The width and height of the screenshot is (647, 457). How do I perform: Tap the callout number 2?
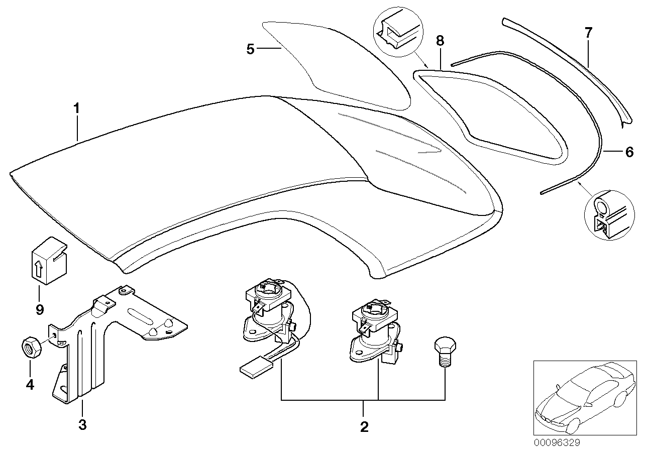[x=364, y=427]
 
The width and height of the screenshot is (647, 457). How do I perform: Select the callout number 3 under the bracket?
[x=82, y=425]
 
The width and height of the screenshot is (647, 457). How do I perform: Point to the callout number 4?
[x=30, y=385]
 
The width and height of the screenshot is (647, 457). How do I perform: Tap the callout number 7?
[x=588, y=33]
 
